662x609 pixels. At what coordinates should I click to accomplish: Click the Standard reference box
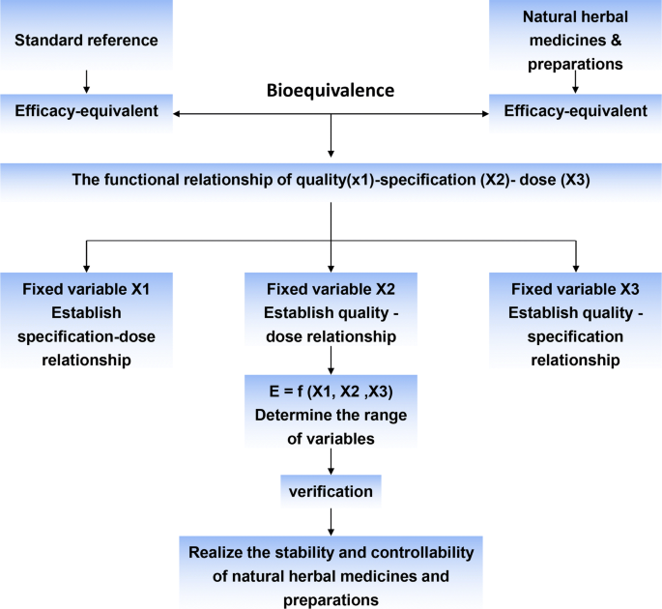[86, 41]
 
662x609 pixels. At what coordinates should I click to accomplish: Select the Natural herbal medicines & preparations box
[575, 42]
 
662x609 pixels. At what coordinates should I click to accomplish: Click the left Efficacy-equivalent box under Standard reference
[86, 111]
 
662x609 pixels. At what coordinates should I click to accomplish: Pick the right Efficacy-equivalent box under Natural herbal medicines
[575, 111]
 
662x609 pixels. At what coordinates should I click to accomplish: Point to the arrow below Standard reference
[86, 79]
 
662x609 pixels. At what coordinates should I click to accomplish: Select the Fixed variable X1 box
[86, 324]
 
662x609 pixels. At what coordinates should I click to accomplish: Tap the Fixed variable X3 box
[575, 324]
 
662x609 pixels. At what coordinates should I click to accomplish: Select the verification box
[331, 491]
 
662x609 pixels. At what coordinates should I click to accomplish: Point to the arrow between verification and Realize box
[331, 521]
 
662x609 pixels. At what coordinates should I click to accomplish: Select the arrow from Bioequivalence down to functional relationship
[331, 135]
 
